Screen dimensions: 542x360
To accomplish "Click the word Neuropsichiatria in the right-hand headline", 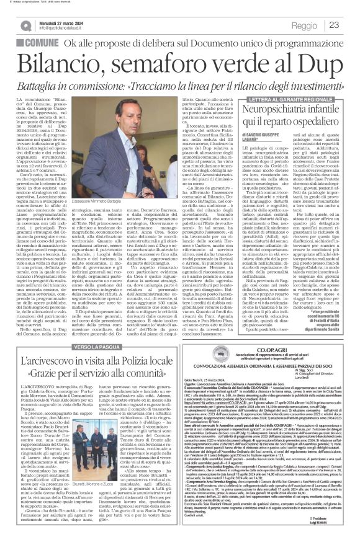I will coord(288,109).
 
